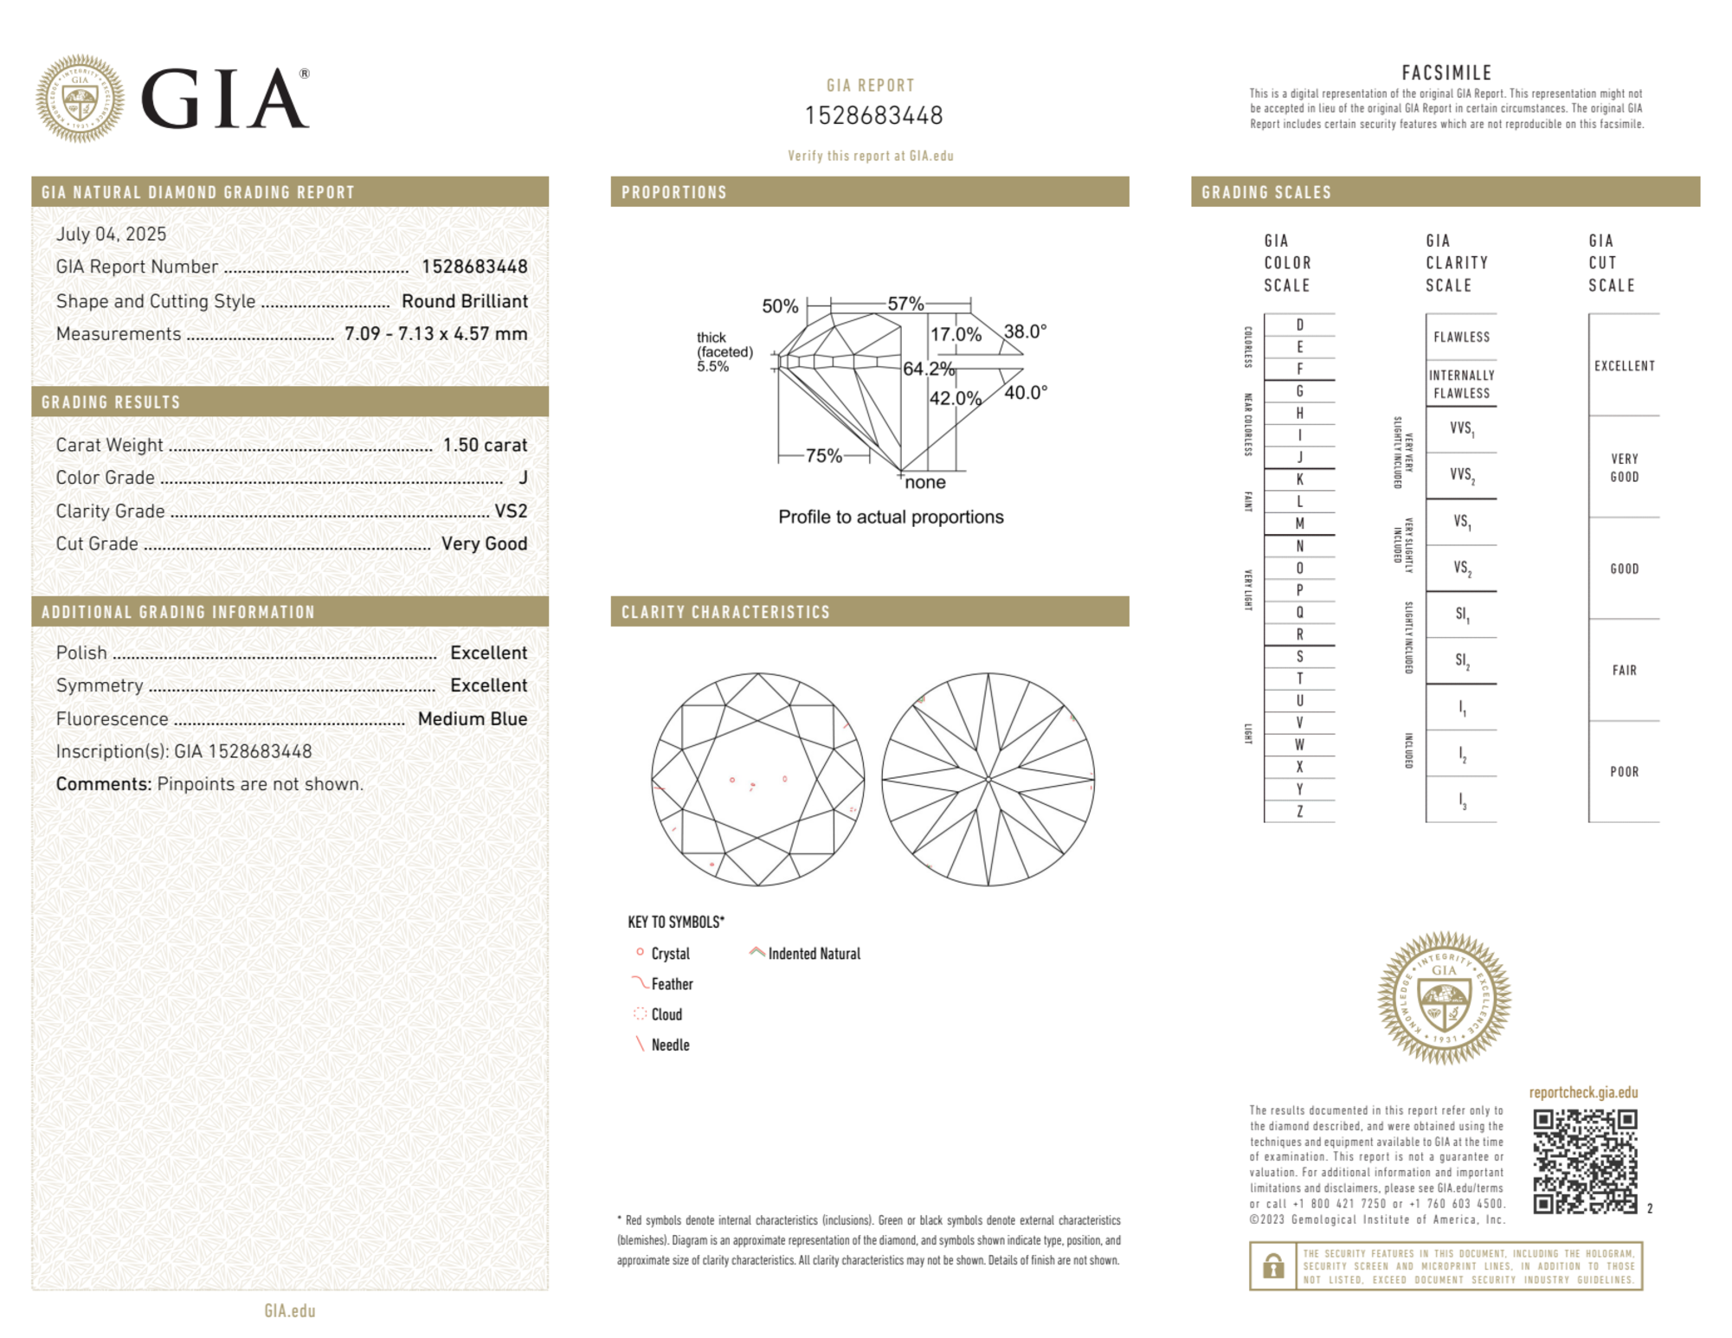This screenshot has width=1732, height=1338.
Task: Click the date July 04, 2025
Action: [x=111, y=234]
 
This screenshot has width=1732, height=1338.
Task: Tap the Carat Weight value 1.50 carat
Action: [x=485, y=445]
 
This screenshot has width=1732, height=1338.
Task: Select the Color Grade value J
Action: [x=523, y=478]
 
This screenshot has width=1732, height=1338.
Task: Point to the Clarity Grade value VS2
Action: [x=511, y=511]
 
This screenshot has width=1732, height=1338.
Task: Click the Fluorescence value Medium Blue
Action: [x=472, y=718]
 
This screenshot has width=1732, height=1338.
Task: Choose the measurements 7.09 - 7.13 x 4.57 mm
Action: [x=435, y=334]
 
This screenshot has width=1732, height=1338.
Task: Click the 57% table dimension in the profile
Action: [x=905, y=304]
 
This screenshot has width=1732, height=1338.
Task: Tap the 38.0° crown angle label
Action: [x=1025, y=331]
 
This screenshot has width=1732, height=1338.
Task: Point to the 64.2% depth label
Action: [x=928, y=369]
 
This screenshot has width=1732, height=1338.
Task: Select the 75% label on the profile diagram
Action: [x=823, y=456]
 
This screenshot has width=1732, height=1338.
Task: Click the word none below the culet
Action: [x=924, y=483]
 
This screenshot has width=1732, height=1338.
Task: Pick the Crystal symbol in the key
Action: [x=641, y=952]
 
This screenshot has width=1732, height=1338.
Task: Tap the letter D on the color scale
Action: [x=1299, y=325]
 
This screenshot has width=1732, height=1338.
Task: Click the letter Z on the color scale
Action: [x=1299, y=811]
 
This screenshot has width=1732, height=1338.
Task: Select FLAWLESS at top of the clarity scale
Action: [x=1461, y=337]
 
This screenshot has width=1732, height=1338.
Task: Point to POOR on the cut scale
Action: [x=1624, y=772]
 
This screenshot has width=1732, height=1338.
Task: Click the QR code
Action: [x=1585, y=1161]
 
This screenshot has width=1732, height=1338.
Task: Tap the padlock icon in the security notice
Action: [x=1272, y=1266]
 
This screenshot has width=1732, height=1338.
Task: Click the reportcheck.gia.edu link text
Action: [x=1583, y=1092]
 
